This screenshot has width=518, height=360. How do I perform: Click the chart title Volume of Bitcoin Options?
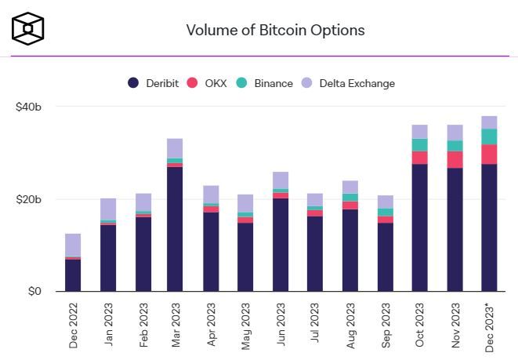coord(275,31)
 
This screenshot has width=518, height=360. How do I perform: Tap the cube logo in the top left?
coord(27,28)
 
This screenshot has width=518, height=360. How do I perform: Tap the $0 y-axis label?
coord(33,292)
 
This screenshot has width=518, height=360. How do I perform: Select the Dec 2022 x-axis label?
coord(73,325)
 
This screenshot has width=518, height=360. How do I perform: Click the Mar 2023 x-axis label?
coord(176,325)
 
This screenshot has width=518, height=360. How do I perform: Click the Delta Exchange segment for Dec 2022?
coord(73,245)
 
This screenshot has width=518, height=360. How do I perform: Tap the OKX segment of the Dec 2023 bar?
coord(489,155)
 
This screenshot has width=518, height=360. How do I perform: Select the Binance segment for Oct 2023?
coord(420,145)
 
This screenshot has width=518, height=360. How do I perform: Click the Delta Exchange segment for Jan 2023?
coord(107,209)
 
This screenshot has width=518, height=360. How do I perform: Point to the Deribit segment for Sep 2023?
coord(386,257)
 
